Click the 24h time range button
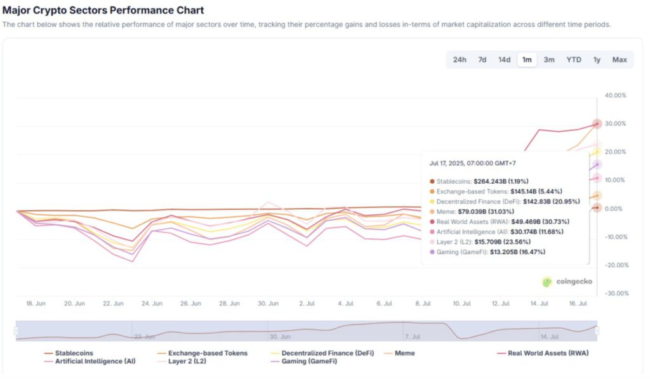point(460,60)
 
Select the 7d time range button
point(482,60)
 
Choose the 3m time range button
point(549,60)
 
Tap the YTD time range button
point(573,60)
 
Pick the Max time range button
point(620,60)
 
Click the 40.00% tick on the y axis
point(616,95)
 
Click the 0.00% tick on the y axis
point(617,209)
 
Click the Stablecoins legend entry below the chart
point(74,353)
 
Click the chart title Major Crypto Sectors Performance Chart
point(103,11)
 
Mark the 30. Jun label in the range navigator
point(281,337)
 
